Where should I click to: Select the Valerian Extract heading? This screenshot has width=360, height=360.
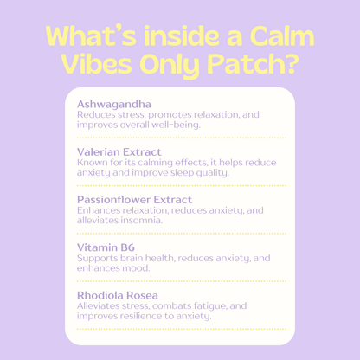click(119, 151)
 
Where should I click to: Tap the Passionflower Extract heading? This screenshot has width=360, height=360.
click(134, 199)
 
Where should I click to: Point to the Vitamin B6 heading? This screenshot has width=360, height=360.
click(106, 247)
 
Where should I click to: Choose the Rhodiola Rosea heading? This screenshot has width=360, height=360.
click(117, 295)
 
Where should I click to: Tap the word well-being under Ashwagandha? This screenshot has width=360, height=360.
click(175, 124)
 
